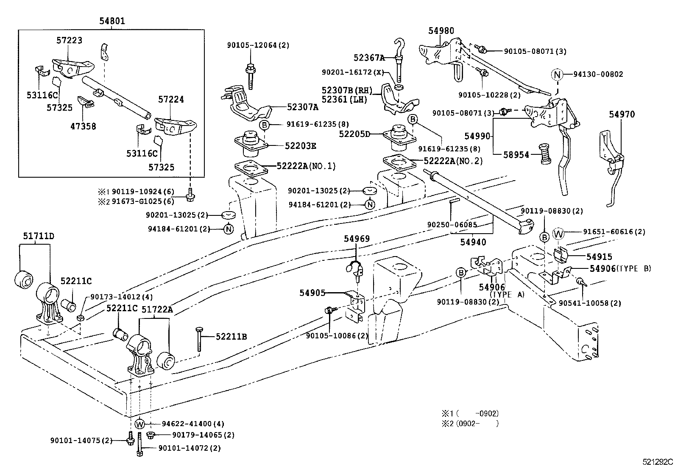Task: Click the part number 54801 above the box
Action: click(112, 21)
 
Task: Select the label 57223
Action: click(69, 40)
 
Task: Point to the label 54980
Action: click(441, 31)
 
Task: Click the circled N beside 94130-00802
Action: click(557, 75)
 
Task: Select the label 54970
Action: click(622, 114)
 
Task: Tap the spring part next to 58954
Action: click(544, 154)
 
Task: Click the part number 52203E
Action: click(300, 146)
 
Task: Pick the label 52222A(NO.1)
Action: click(306, 166)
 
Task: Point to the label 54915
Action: click(599, 257)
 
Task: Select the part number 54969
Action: click(357, 239)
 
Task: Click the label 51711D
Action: click(39, 236)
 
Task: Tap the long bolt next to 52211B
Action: click(198, 339)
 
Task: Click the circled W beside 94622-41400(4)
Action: click(140, 424)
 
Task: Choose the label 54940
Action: click(473, 242)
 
